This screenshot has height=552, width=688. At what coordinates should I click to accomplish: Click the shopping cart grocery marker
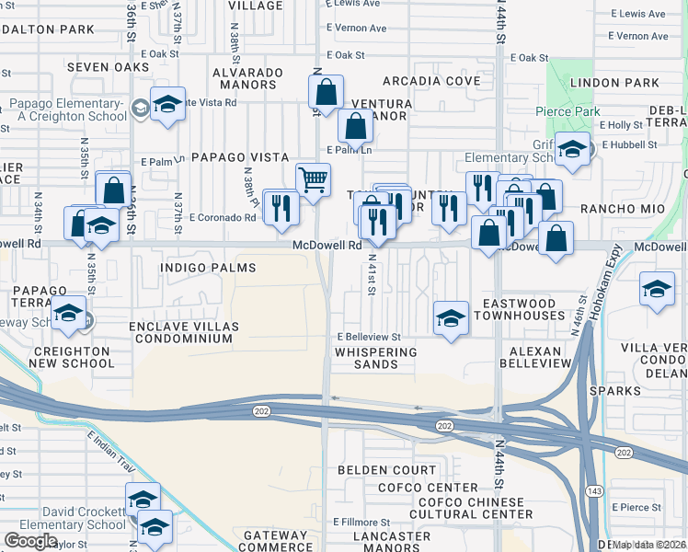314,179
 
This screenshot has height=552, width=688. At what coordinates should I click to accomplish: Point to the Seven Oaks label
108,68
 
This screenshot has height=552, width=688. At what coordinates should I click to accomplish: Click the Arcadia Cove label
431,81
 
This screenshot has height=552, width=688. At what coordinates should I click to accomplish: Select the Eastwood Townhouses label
519,309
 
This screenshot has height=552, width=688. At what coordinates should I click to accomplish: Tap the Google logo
30,541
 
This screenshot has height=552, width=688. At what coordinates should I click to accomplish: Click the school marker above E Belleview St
450,318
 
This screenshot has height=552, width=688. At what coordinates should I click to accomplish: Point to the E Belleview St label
368,338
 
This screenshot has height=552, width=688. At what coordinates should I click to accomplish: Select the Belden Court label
386,470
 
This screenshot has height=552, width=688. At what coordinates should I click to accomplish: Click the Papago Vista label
240,157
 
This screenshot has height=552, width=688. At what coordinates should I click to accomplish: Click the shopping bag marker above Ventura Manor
326,91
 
